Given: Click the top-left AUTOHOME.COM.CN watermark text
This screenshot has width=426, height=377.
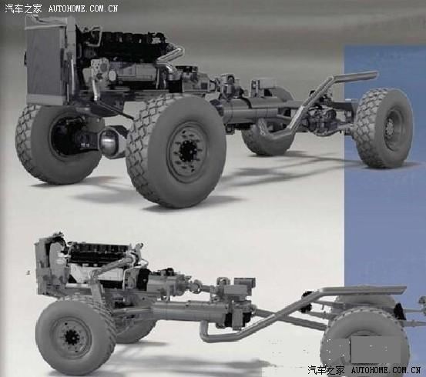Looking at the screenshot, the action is pos(83,8).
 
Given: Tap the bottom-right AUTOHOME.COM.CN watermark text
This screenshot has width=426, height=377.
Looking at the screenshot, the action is pos(386,369).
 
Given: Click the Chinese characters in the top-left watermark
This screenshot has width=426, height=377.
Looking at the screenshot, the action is pos(24,8).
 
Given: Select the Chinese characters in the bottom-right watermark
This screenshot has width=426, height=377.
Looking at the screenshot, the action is pos(327,369).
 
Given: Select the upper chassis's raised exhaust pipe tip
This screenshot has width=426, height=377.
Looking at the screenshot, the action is pos(374,73).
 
